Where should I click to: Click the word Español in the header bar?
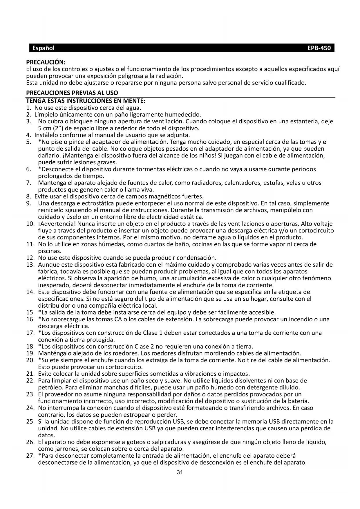43,48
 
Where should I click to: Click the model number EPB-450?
319,48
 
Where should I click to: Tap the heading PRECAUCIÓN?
46,62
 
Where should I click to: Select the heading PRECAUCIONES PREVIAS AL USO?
72,93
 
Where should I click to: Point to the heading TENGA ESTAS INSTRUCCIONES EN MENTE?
86,101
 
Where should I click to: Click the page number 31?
180,472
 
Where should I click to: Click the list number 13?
30,265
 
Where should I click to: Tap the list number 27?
30,456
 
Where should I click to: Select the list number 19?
30,353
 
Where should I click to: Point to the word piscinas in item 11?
49,251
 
